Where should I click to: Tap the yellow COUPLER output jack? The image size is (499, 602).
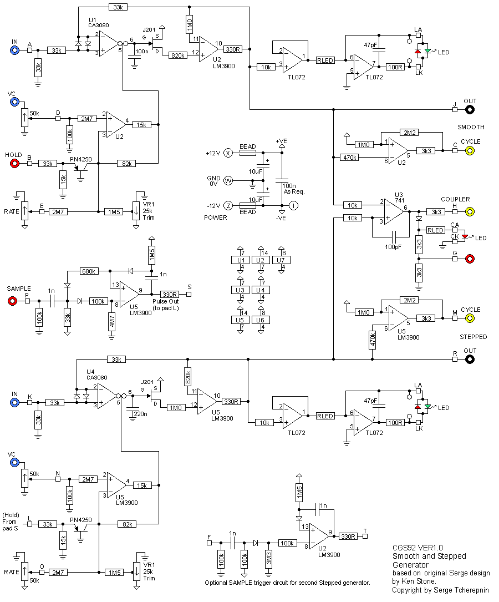pyautogui.click(x=470, y=211)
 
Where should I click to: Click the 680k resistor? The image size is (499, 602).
pyautogui.click(x=89, y=271)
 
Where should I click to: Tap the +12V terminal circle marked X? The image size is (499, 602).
pyautogui.click(x=227, y=153)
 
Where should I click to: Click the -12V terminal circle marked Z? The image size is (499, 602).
pyautogui.click(x=227, y=205)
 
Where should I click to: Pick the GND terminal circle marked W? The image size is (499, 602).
pyautogui.click(x=227, y=180)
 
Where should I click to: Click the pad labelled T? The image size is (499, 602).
pyautogui.click(x=365, y=537)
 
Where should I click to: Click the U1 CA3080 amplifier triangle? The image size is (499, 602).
pyautogui.click(x=109, y=45)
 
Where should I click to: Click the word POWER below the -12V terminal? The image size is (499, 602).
pyautogui.click(x=216, y=217)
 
